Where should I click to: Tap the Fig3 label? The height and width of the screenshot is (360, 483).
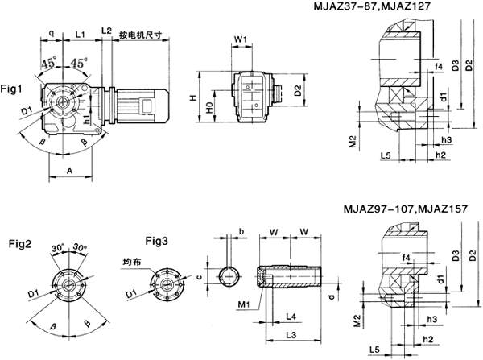158,241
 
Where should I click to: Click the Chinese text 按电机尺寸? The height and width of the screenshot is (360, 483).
140,35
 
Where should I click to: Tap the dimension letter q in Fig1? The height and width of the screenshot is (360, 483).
52,35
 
